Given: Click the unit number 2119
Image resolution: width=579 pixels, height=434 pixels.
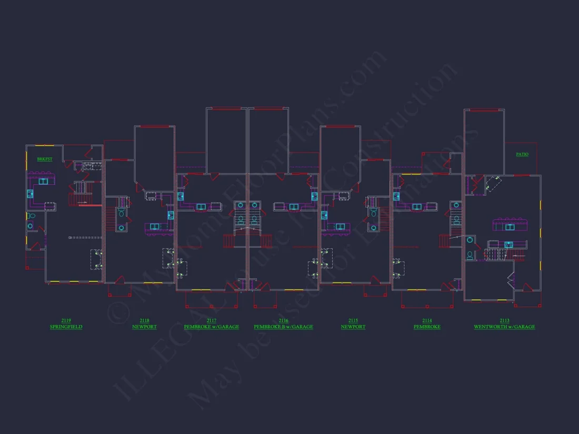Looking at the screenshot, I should click(x=66, y=320).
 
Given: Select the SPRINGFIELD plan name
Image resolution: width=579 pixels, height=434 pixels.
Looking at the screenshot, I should click(x=66, y=327).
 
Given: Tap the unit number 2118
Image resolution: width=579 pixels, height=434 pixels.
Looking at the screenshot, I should click(x=144, y=320).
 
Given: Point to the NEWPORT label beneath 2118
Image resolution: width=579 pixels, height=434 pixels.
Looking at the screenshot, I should click(x=144, y=327).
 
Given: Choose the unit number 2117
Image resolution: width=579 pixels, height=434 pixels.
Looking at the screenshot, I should click(x=211, y=320).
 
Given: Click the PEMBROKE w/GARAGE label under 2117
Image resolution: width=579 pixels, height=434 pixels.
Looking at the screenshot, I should click(x=211, y=327).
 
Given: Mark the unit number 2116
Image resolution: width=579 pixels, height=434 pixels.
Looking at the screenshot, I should click(x=283, y=320).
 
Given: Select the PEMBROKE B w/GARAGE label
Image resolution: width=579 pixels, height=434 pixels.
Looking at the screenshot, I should click(x=283, y=327).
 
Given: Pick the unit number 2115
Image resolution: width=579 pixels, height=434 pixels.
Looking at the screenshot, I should click(x=353, y=320).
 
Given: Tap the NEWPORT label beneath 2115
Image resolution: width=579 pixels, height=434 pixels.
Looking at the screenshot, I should click(x=353, y=327).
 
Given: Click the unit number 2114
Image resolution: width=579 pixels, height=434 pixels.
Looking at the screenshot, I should click(x=427, y=320).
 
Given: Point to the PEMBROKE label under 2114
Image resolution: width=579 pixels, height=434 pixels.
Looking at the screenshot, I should click(x=427, y=327).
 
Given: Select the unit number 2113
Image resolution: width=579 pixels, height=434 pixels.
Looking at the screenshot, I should click(x=504, y=320).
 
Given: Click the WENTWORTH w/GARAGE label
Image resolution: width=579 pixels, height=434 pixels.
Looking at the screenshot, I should click(x=504, y=327).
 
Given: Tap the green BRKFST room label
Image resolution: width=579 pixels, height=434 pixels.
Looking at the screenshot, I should click(x=45, y=159).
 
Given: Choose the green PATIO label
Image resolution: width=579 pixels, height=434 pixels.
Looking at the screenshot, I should click(x=522, y=155).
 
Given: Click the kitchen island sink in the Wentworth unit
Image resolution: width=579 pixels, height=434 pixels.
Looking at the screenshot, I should click(x=510, y=227).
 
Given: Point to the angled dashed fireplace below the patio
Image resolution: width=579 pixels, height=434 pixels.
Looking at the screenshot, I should click(x=494, y=183).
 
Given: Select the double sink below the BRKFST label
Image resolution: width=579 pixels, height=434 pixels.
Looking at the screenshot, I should click(x=43, y=181).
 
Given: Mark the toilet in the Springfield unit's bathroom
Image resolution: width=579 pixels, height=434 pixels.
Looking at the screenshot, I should click(x=31, y=216).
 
